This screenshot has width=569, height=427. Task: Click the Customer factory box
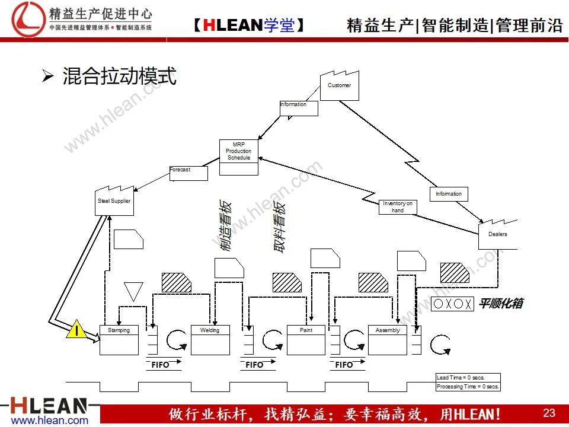click(340, 87)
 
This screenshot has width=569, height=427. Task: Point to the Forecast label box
click(188, 173)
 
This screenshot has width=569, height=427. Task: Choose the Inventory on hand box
click(398, 207)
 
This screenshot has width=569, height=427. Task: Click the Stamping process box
click(119, 340)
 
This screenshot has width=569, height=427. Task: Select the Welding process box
click(210, 340)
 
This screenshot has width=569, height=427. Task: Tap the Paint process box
click(306, 340)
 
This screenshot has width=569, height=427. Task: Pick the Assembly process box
click(388, 340)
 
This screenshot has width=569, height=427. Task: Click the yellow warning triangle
click(76, 329)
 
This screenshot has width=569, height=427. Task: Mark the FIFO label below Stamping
click(160, 365)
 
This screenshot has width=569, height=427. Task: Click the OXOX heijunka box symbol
click(453, 304)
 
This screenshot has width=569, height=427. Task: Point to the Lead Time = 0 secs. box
click(468, 378)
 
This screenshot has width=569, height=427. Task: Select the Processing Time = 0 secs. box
click(468, 387)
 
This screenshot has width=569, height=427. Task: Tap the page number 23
click(549, 413)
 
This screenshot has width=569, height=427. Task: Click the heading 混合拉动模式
click(119, 76)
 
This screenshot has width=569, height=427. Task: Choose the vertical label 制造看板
click(225, 227)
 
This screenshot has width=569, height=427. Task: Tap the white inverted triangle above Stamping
click(134, 291)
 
